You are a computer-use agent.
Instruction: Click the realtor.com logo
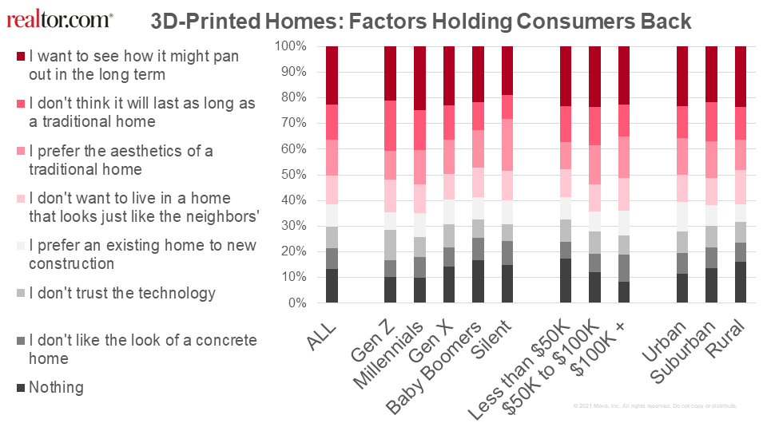click(x=60, y=19)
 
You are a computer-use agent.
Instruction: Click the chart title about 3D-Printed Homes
click(x=421, y=21)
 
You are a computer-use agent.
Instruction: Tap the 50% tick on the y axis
click(x=293, y=175)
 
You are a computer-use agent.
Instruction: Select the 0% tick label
click(x=296, y=303)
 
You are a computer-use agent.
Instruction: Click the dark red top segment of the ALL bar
click(x=332, y=75)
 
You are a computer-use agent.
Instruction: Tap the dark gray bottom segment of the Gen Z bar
click(x=391, y=290)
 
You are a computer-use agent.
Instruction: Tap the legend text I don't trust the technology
click(x=122, y=293)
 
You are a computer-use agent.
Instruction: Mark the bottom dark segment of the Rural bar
click(x=741, y=283)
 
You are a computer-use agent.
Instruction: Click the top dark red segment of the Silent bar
click(x=507, y=70)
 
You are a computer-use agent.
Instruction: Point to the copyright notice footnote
click(x=655, y=406)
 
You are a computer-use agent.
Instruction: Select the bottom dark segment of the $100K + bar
click(x=624, y=292)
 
